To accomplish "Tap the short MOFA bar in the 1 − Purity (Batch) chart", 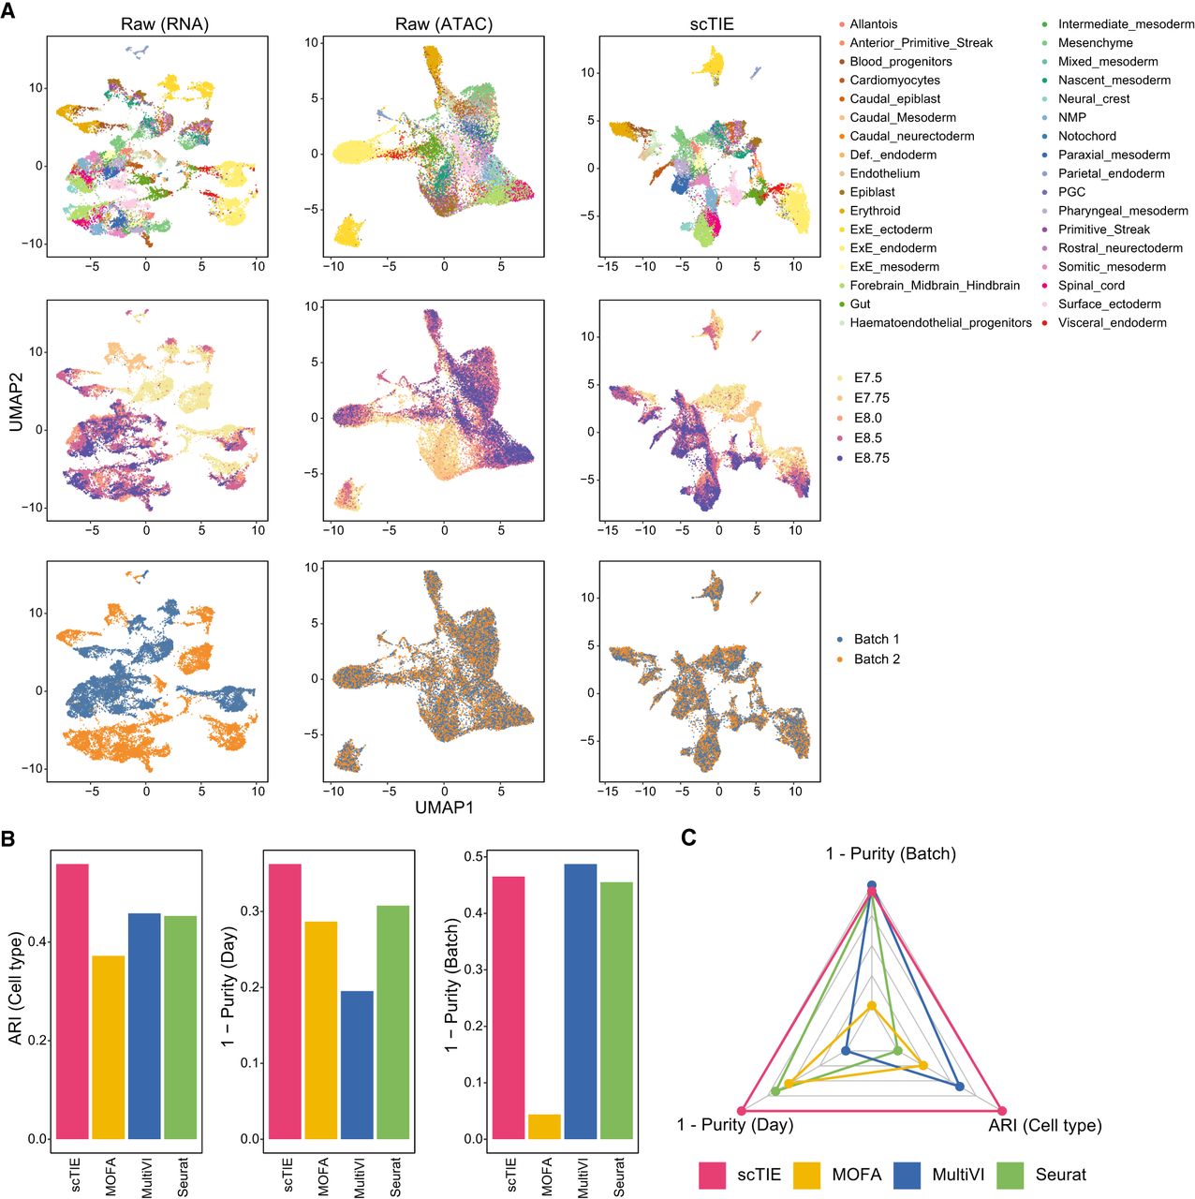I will [544, 1127].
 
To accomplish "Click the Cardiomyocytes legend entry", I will [894, 81].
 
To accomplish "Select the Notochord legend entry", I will [1086, 136].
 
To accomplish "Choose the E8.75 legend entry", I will [871, 458].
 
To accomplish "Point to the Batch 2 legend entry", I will [877, 659].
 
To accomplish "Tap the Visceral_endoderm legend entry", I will [1112, 323].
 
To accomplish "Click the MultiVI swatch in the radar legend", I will [908, 1175].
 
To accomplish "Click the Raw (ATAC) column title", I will [443, 24].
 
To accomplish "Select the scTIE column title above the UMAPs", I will [712, 24].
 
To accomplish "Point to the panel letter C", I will [688, 836].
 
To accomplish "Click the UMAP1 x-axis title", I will [445, 807].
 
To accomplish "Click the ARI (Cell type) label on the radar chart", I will [1044, 1125].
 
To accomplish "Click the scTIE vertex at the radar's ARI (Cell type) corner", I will [1001, 1110].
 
